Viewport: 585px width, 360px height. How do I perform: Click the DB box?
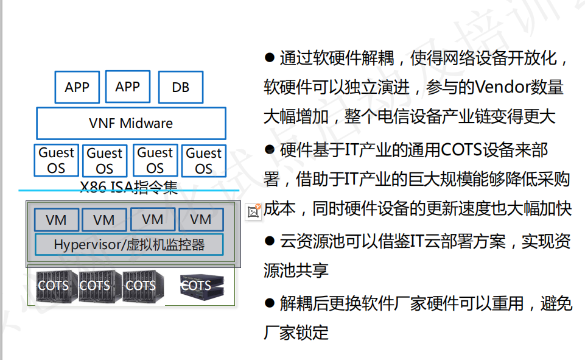[x=180, y=87]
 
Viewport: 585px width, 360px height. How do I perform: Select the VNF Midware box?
[x=131, y=123]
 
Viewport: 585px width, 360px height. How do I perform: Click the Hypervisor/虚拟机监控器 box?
[x=129, y=245]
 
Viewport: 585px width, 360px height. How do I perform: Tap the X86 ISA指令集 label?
[x=129, y=186]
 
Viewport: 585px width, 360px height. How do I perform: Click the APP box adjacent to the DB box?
[x=127, y=86]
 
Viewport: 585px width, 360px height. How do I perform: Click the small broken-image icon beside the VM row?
[x=254, y=211]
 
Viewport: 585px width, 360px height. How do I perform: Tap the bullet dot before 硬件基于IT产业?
[x=270, y=149]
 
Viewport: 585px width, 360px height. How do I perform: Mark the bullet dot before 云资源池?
[x=270, y=241]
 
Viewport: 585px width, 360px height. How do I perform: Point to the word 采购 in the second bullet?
[x=554, y=180]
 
